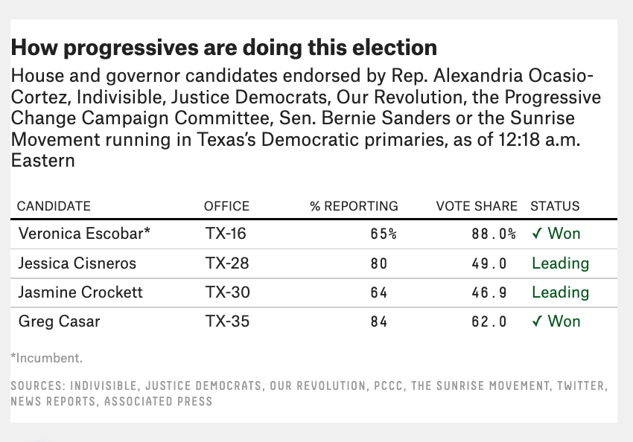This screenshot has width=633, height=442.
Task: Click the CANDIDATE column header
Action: (x=54, y=206)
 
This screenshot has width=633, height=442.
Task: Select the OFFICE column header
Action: (x=226, y=206)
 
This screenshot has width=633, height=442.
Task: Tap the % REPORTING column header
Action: (x=354, y=206)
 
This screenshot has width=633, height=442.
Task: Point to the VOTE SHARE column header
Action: (x=477, y=206)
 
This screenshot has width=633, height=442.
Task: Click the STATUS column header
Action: (x=555, y=206)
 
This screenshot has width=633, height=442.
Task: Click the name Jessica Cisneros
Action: (x=77, y=263)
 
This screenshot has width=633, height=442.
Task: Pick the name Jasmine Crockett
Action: (x=80, y=292)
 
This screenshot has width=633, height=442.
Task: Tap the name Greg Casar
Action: (x=60, y=321)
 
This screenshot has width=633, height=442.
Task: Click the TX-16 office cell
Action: (x=226, y=234)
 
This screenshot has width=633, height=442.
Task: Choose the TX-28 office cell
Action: (x=227, y=263)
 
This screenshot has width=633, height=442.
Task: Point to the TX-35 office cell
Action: (x=227, y=321)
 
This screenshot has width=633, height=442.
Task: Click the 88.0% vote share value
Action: (x=494, y=234)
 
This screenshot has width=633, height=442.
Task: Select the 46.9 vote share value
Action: (x=489, y=292)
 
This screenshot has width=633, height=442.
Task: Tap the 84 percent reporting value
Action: (x=378, y=321)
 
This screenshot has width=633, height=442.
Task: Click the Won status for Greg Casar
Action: (x=564, y=321)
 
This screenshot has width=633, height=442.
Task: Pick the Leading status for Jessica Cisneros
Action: (x=560, y=263)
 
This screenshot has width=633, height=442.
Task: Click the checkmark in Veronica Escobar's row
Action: (x=537, y=234)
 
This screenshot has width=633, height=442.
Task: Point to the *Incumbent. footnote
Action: (x=46, y=358)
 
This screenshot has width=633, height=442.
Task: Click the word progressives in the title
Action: (x=131, y=48)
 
